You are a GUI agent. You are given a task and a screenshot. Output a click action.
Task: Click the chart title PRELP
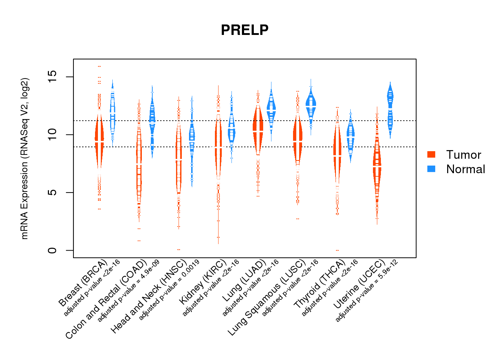(x=244, y=30)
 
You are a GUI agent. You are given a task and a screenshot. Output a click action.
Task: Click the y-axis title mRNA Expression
(x=24, y=158)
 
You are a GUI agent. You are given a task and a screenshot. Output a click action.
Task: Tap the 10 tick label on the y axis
(x=52, y=135)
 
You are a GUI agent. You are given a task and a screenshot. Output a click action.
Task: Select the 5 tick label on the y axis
(x=52, y=193)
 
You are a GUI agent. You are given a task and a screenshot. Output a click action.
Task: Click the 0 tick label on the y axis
(x=52, y=250)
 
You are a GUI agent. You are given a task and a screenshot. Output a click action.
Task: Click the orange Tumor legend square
(x=431, y=154)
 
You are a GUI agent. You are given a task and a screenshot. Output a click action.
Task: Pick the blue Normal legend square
(x=431, y=169)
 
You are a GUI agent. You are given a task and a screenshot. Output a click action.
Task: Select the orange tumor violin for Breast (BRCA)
(x=99, y=140)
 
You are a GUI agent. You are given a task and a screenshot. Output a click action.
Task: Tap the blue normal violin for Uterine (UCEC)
(x=390, y=108)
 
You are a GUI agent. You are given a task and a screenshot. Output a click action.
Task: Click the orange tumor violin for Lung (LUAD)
(x=258, y=130)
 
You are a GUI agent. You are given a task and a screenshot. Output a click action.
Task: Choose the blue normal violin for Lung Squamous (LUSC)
(x=311, y=104)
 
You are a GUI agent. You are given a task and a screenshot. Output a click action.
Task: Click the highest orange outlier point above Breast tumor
(x=99, y=66)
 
